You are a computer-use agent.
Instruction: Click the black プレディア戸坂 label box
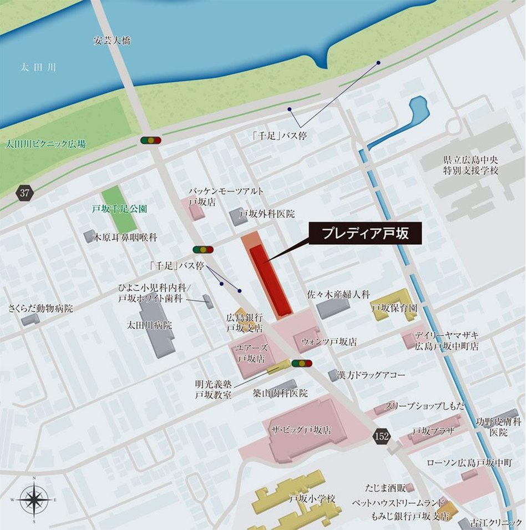(x=365, y=234)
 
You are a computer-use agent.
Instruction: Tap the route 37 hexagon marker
(x=24, y=193)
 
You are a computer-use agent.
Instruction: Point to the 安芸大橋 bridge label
(x=111, y=40)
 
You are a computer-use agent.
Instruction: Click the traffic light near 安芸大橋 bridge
(x=150, y=140)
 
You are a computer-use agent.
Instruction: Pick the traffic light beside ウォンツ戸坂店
(x=302, y=364)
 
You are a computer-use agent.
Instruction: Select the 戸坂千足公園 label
(x=119, y=210)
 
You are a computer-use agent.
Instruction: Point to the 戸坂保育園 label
(x=393, y=308)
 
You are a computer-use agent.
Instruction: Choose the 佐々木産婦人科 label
(x=338, y=295)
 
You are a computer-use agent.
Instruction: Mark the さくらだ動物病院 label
(x=41, y=309)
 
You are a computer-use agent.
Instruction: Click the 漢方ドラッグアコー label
(x=371, y=375)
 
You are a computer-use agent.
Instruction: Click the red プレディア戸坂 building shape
(x=270, y=280)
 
